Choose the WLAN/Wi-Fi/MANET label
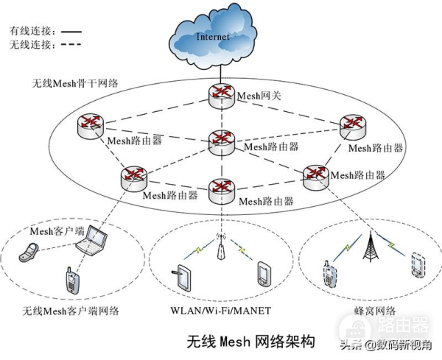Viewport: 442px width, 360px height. [x=220, y=309]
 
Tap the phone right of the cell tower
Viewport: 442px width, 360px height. [x=418, y=264]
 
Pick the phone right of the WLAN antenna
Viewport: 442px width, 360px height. [x=264, y=275]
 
